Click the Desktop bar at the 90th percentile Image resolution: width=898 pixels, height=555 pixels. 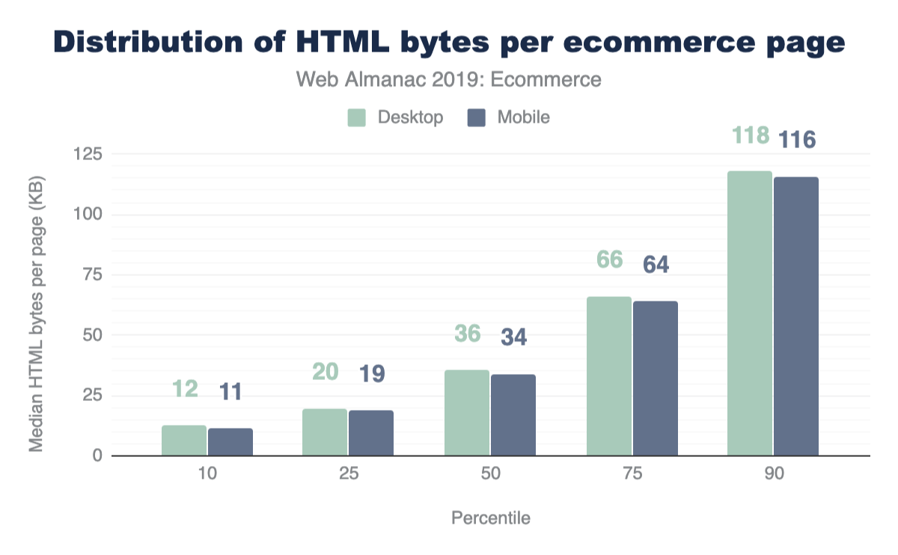(750, 313)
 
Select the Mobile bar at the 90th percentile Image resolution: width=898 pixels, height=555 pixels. (796, 316)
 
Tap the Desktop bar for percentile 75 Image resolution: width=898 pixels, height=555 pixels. (608, 376)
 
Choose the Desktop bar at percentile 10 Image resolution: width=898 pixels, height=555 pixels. (184, 441)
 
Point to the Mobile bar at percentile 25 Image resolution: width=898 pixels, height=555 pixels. (371, 433)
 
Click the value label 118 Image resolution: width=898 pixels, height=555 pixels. (750, 136)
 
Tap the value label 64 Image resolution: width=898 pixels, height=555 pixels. (656, 265)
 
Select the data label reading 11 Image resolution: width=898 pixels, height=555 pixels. (230, 392)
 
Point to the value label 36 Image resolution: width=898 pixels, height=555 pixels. (467, 334)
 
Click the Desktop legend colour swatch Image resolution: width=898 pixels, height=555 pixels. (356, 117)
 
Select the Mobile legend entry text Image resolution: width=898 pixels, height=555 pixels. (524, 117)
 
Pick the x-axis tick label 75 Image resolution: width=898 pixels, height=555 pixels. (632, 475)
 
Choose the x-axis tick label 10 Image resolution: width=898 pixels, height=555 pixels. (207, 475)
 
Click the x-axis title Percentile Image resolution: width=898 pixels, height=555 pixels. (490, 518)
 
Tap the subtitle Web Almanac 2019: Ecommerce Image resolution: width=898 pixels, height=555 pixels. (449, 79)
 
